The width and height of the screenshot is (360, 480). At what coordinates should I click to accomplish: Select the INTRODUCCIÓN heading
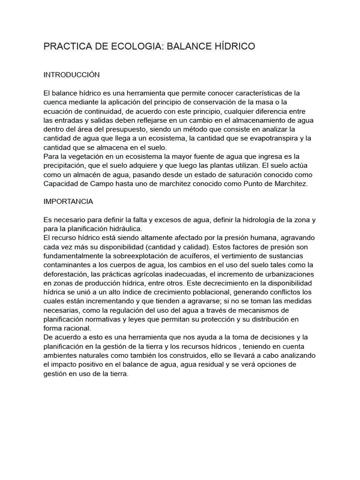click(x=72, y=75)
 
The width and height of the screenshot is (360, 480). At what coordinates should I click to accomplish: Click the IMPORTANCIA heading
click(x=68, y=202)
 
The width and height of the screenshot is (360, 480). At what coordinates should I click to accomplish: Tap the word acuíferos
click(x=193, y=256)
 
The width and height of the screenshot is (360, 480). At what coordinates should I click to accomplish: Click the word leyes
click(x=144, y=319)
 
